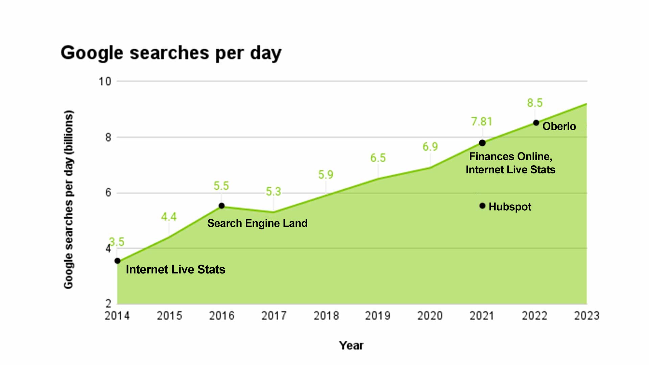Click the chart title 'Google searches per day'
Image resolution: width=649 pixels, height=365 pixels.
171,53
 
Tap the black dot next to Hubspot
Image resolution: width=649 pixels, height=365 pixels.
482,206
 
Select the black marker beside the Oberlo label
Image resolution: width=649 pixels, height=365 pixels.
536,123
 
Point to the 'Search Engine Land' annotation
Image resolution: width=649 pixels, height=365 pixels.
257,223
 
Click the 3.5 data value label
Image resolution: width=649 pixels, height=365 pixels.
117,242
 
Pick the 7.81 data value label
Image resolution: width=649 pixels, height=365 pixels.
482,121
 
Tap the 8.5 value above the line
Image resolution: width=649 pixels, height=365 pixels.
535,103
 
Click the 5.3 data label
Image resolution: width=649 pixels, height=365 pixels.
273,192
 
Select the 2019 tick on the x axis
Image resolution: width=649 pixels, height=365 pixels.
378,316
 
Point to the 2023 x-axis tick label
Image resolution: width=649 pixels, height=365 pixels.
586,316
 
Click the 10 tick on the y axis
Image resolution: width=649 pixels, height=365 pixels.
105,81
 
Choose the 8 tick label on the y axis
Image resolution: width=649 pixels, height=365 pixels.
108,137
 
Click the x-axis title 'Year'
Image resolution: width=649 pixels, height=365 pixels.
351,345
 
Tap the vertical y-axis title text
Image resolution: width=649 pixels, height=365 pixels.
68,199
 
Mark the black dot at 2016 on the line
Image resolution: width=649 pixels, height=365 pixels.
221,206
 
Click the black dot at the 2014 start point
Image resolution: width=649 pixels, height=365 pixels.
117,261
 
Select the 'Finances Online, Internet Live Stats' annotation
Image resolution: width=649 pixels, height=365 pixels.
510,163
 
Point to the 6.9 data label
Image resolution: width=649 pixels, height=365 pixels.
430,147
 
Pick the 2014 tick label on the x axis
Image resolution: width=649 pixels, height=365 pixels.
117,316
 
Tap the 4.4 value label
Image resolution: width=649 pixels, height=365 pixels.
169,217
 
